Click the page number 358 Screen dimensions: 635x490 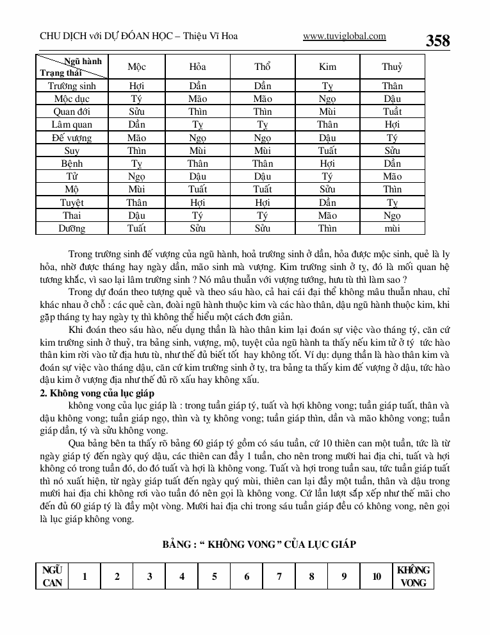click(437, 40)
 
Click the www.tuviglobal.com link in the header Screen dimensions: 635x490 click(344, 37)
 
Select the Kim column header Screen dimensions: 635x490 click(327, 67)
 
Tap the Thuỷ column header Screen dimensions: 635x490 click(392, 67)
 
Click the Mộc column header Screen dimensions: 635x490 click(136, 67)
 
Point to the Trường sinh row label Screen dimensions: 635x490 click(72, 86)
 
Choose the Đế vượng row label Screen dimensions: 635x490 click(72, 138)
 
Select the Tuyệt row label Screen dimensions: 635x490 click(72, 203)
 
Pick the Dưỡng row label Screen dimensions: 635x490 click(72, 228)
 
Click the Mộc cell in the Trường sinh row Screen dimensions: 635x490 click(136, 86)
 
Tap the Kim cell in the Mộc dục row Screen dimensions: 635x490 click(327, 99)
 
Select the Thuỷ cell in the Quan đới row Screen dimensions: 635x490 click(392, 112)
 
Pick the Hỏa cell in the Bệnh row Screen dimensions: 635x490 click(198, 164)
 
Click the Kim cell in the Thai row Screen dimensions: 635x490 click(327, 216)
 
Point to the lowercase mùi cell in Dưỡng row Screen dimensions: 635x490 click(392, 228)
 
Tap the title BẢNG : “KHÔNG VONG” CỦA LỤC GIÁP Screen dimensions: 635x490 click(259, 544)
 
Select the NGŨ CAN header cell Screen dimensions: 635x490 click(52, 576)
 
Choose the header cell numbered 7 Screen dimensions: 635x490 click(279, 576)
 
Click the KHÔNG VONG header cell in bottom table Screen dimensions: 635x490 click(413, 576)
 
